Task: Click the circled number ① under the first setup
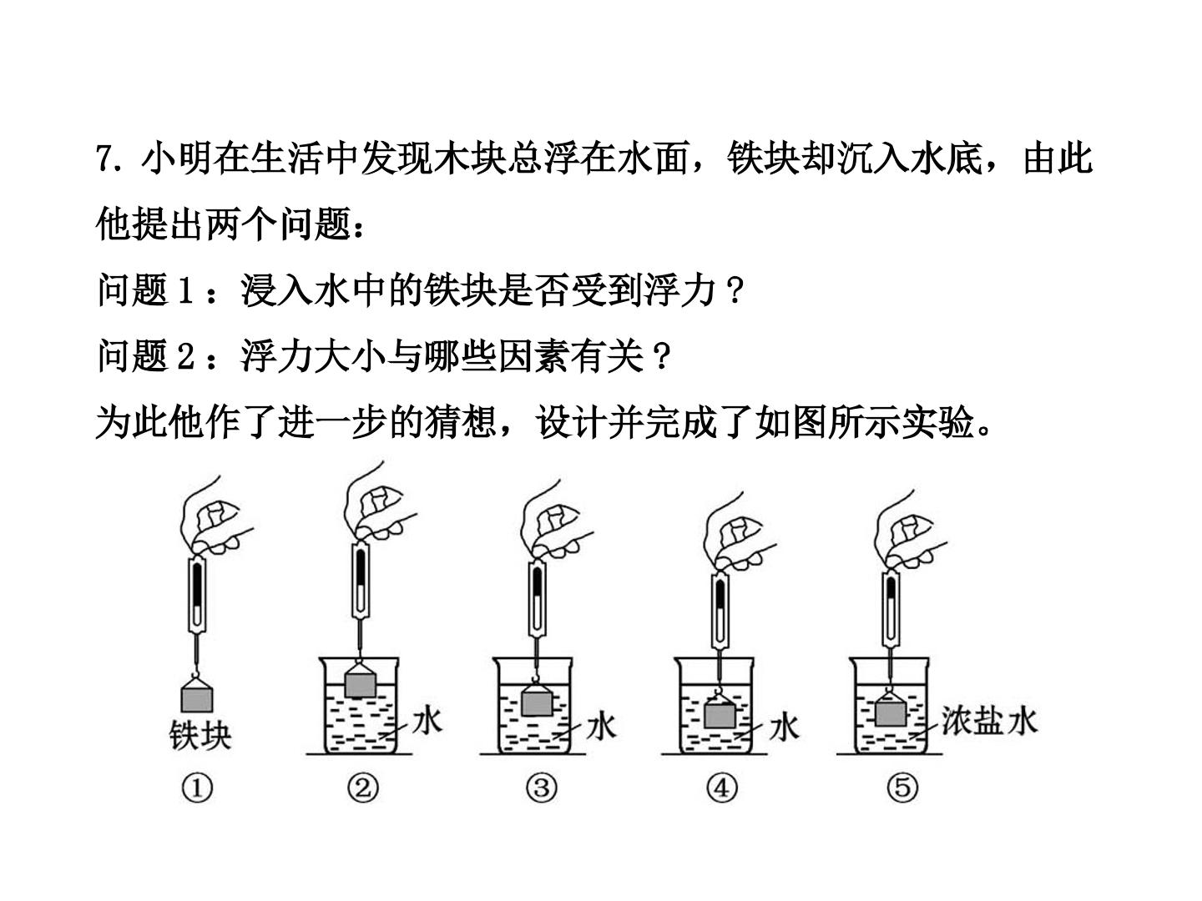tap(197, 788)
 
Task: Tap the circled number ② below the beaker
tap(363, 788)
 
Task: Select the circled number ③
tap(542, 788)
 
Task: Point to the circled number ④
tap(722, 788)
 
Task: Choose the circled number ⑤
tap(902, 788)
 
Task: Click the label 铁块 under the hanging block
tap(200, 735)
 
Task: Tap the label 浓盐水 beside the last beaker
tap(989, 721)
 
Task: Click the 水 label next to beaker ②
tap(427, 721)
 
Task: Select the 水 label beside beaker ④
tap(785, 727)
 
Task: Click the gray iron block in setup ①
tap(197, 699)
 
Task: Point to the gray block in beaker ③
tap(537, 703)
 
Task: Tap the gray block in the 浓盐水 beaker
tap(890, 713)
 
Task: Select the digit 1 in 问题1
tap(185, 290)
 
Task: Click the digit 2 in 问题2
tap(185, 356)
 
